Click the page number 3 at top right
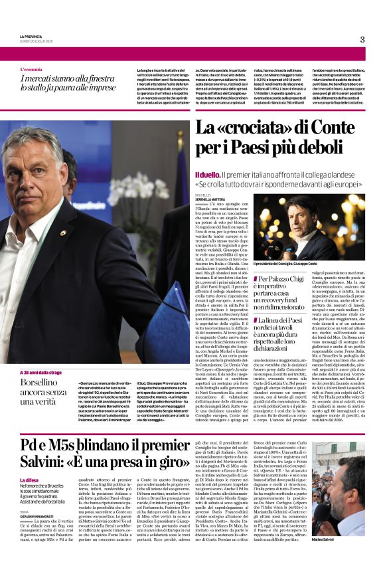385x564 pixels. [x=362, y=39]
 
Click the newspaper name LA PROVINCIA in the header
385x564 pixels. [x=31, y=37]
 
